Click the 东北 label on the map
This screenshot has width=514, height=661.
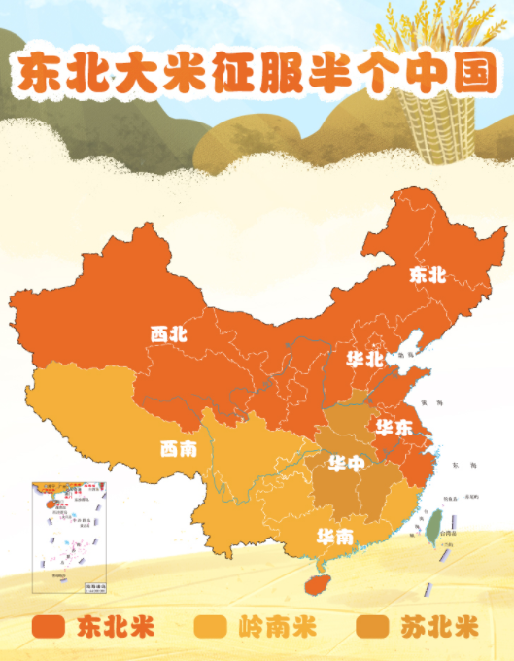coord(428,275)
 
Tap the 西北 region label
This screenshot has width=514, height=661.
coord(168,333)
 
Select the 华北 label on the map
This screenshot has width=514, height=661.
coord(365,359)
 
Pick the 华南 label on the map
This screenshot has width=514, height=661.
coord(334,536)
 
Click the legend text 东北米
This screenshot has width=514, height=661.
coord(116,625)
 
